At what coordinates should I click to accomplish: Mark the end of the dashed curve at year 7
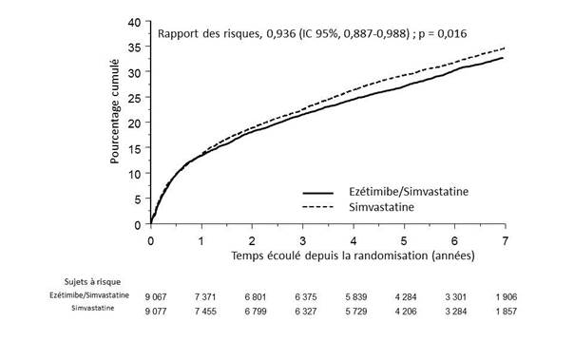click(x=504, y=48)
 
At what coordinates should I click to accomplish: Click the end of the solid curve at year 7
click(x=504, y=58)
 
